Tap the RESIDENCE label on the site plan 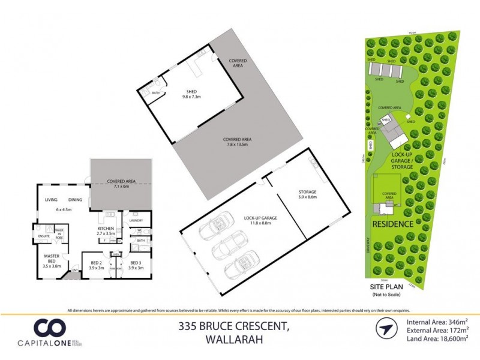click(393, 224)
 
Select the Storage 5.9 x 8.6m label click(307, 195)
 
